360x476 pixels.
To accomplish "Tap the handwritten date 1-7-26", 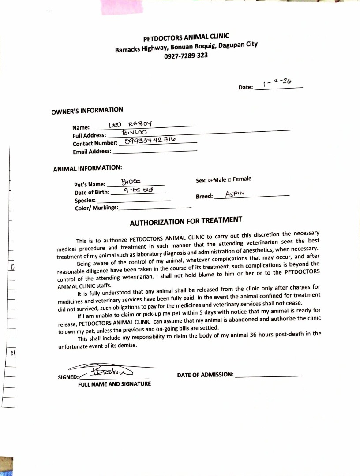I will pos(277,82).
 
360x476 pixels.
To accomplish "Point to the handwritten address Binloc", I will pos(134,132).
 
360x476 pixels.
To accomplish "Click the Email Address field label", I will pos(92,152).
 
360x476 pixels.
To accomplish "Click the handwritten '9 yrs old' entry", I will pos(138,190).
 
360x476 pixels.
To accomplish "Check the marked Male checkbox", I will pos(210,180).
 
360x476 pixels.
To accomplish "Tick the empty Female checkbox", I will pos(230,179).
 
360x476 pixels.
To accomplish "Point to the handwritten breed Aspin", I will pos(235,194).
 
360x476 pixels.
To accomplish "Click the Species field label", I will pos(85,201).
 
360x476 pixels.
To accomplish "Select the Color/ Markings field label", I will pos(97,208).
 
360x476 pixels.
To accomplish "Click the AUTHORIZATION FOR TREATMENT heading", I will pos(186,221).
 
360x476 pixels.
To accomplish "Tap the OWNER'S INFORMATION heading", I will pos(87,111).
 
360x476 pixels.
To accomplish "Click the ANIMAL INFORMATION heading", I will pos(87,168).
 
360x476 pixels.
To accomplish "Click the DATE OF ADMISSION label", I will pos(205,375).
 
